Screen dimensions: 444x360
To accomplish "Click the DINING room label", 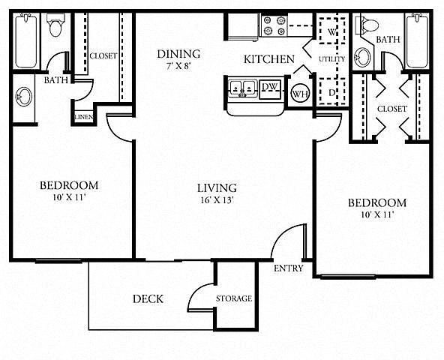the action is pyautogui.click(x=178, y=54).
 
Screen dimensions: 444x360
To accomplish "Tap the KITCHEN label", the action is pyautogui.click(x=269, y=59).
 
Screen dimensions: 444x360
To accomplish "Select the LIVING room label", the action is pyautogui.click(x=217, y=188).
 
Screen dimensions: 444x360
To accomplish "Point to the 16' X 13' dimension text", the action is pyautogui.click(x=217, y=200).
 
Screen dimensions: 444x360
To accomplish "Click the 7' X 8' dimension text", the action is pyautogui.click(x=178, y=67).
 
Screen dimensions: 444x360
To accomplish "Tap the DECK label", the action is pyautogui.click(x=148, y=298).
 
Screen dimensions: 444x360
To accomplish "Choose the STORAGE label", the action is pyautogui.click(x=234, y=298).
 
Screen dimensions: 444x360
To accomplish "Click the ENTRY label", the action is pyautogui.click(x=289, y=268).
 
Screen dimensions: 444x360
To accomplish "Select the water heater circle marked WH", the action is pyautogui.click(x=300, y=93).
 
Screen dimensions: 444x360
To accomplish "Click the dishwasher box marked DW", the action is pyautogui.click(x=271, y=89).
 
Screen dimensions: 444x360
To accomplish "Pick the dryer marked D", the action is pyautogui.click(x=332, y=91).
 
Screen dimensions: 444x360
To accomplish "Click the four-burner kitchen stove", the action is pyautogui.click(x=274, y=25).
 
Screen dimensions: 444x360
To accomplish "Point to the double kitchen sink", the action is pyautogui.click(x=242, y=88).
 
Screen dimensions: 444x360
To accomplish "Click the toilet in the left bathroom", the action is pyautogui.click(x=55, y=25).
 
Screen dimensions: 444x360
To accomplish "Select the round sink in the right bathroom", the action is pyautogui.click(x=362, y=58).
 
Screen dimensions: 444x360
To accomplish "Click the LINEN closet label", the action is pyautogui.click(x=84, y=117).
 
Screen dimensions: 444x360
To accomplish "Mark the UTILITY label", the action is pyautogui.click(x=331, y=59).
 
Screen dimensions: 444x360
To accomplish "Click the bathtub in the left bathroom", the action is pyautogui.click(x=26, y=40).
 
